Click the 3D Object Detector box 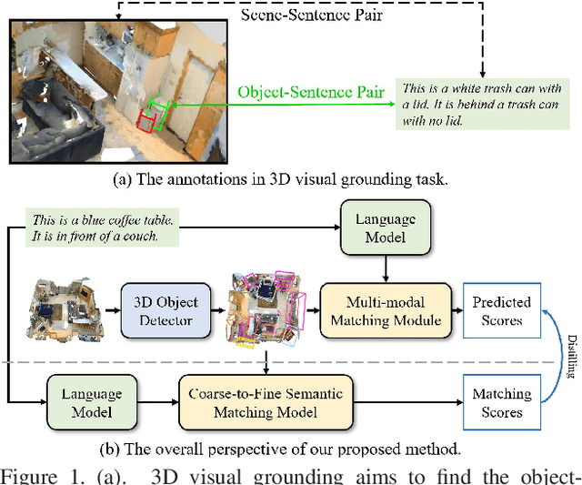point(166,308)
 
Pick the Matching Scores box point(501,401)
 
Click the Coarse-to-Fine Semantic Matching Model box point(266,401)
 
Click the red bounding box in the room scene point(145,118)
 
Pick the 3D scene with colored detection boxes point(266,309)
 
